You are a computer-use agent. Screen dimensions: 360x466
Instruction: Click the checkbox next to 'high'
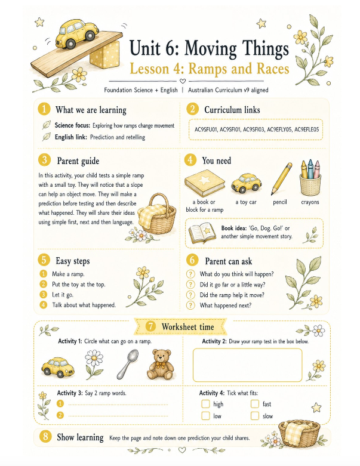click(x=205, y=404)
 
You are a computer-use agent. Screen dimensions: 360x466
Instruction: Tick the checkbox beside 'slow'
click(x=255, y=416)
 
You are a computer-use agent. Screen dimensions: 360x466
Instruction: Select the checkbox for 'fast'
click(x=255, y=404)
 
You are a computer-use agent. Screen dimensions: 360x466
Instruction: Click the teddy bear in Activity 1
click(x=161, y=364)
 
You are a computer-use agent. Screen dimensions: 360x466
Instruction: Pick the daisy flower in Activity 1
click(x=94, y=364)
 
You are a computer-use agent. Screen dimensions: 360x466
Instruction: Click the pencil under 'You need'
click(x=281, y=178)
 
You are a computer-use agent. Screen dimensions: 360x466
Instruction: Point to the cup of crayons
click(x=310, y=177)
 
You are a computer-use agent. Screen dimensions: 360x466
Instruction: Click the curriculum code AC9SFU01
click(x=206, y=129)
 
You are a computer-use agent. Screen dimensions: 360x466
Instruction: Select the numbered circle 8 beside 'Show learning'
click(x=45, y=436)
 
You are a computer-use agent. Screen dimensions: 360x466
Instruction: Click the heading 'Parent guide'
click(x=78, y=161)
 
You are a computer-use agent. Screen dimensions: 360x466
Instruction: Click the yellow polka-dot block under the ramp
click(x=104, y=54)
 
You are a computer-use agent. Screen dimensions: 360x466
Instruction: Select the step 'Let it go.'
click(x=63, y=295)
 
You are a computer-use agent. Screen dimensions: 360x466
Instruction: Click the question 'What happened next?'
click(x=225, y=305)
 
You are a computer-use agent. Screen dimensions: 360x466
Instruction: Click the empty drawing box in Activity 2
click(x=247, y=365)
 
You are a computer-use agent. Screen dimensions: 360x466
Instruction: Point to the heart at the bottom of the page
click(x=182, y=450)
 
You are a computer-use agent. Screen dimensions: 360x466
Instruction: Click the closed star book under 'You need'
click(x=205, y=183)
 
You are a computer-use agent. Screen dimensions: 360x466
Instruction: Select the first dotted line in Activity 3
click(x=118, y=404)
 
